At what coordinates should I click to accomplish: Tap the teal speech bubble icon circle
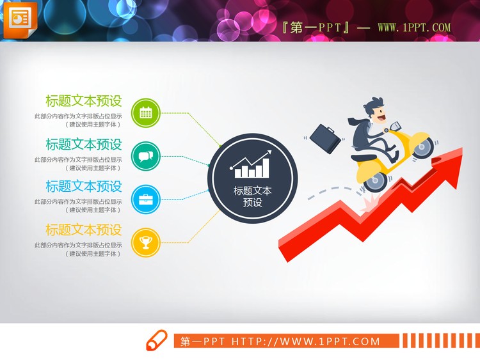click(x=146, y=156)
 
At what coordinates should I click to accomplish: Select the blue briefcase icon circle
click(x=146, y=199)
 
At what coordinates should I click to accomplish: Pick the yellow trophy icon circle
click(x=146, y=242)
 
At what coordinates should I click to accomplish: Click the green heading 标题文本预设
click(x=83, y=101)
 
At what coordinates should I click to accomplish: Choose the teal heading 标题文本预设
click(x=83, y=144)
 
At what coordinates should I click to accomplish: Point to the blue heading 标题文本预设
click(x=83, y=187)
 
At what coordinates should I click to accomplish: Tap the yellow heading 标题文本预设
click(x=83, y=230)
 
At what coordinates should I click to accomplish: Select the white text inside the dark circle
click(x=253, y=196)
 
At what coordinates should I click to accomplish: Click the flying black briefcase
click(x=325, y=139)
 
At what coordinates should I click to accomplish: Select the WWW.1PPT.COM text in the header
click(x=414, y=28)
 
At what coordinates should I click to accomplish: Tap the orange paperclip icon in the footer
click(x=156, y=341)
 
